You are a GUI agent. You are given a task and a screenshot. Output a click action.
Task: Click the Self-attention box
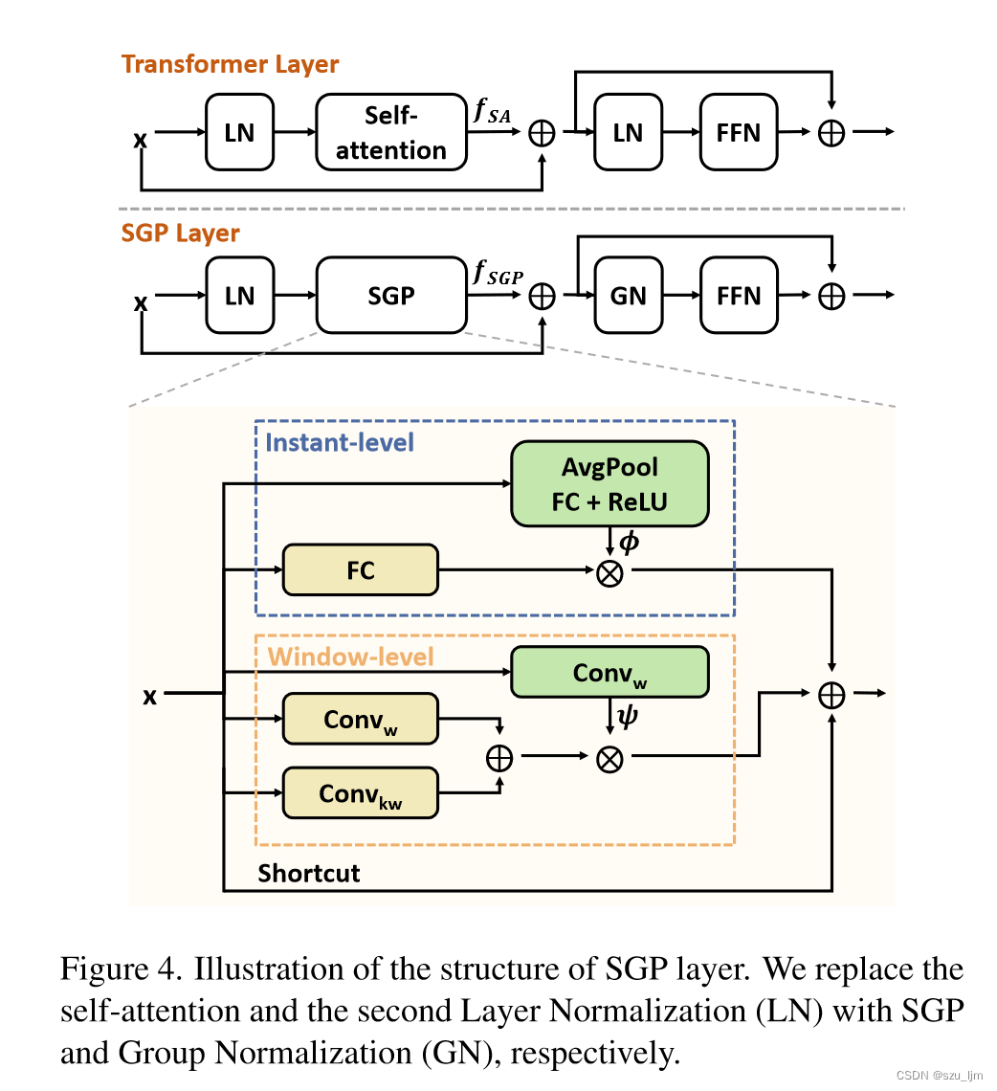click(391, 132)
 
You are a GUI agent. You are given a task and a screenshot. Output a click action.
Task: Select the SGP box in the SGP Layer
click(391, 296)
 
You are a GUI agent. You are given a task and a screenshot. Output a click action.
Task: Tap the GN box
click(628, 296)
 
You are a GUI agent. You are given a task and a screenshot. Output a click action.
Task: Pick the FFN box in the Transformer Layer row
click(738, 132)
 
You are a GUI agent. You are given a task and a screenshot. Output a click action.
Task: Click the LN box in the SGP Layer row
click(239, 296)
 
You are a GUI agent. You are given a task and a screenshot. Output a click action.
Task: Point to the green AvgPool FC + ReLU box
click(609, 484)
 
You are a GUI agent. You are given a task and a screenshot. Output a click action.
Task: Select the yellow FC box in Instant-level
click(360, 571)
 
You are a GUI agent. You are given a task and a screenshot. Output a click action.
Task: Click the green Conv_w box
click(609, 673)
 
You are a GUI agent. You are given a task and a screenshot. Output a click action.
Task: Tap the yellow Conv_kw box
click(360, 793)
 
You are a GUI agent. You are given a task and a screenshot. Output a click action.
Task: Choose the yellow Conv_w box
click(360, 720)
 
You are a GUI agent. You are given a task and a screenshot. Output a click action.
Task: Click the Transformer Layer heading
click(230, 64)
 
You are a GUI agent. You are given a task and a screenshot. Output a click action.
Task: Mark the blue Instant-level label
click(340, 443)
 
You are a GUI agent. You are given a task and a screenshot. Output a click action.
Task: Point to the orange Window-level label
click(350, 657)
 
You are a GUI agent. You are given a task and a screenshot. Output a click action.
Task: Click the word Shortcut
click(308, 873)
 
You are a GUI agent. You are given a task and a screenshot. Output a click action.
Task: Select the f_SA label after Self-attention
click(493, 111)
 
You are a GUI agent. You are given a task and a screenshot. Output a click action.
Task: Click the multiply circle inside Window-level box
click(609, 758)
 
